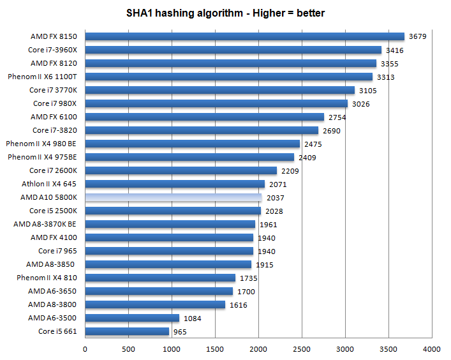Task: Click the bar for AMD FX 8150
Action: [x=244, y=36]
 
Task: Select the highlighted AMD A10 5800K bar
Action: [x=173, y=197]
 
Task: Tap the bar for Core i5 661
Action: [x=127, y=331]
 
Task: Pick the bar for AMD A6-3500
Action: [x=132, y=318]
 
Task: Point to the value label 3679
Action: [x=418, y=36]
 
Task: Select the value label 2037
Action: [x=276, y=198]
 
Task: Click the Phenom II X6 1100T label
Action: [x=42, y=77]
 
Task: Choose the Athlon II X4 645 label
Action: [x=49, y=184]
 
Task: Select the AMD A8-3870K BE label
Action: [x=45, y=224]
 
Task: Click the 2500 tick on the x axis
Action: [x=302, y=349]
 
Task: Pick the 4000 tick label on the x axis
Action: [x=432, y=349]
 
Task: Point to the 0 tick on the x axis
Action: [x=85, y=349]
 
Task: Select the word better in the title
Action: [x=310, y=13]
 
